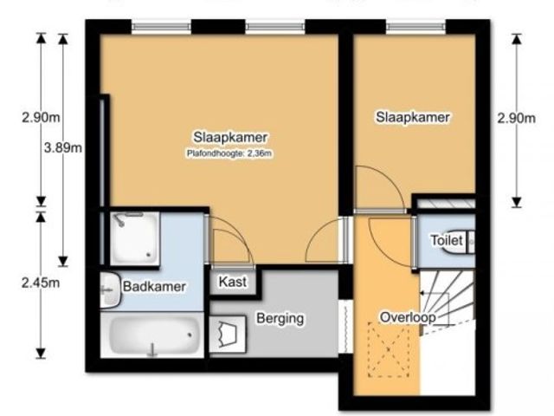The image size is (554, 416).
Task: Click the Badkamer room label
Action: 154,286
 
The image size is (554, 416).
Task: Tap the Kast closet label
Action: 233,282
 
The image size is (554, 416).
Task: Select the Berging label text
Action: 280,318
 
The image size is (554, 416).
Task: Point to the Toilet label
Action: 447,241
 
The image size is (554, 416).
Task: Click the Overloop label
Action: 408,317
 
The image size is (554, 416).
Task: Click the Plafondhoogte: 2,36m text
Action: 229,153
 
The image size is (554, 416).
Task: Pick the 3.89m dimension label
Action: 63,147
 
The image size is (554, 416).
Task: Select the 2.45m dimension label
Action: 41,283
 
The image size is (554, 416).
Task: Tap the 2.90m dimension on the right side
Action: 516,118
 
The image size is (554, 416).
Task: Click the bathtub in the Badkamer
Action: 152,335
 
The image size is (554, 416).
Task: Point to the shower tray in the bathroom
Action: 135,238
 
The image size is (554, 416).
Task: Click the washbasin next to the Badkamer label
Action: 111,289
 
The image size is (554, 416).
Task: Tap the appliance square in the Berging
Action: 228,335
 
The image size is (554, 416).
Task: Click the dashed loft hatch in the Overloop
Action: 389,350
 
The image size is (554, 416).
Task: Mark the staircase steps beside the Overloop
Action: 448,301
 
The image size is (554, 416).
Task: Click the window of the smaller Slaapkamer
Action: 415,27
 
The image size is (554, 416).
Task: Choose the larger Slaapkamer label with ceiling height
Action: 229,143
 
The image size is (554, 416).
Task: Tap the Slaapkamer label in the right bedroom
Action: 412,117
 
